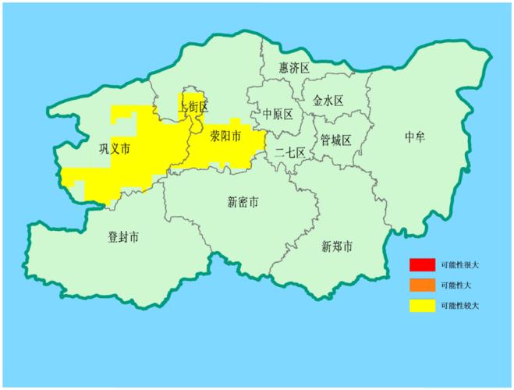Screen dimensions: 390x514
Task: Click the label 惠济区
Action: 294,69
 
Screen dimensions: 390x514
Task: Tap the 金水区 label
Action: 328,101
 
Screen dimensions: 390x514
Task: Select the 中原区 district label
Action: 278,114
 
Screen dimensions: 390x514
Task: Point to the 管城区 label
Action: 336,140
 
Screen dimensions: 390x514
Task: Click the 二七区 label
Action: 289,154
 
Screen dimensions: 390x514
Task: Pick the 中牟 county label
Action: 415,138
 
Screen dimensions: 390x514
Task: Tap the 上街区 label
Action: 193,106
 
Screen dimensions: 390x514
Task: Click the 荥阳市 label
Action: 225,137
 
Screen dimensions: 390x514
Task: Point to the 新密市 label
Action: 243,203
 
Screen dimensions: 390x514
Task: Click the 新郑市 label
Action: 337,246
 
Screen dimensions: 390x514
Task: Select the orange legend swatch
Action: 422,285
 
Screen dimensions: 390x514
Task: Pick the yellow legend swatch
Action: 422,305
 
